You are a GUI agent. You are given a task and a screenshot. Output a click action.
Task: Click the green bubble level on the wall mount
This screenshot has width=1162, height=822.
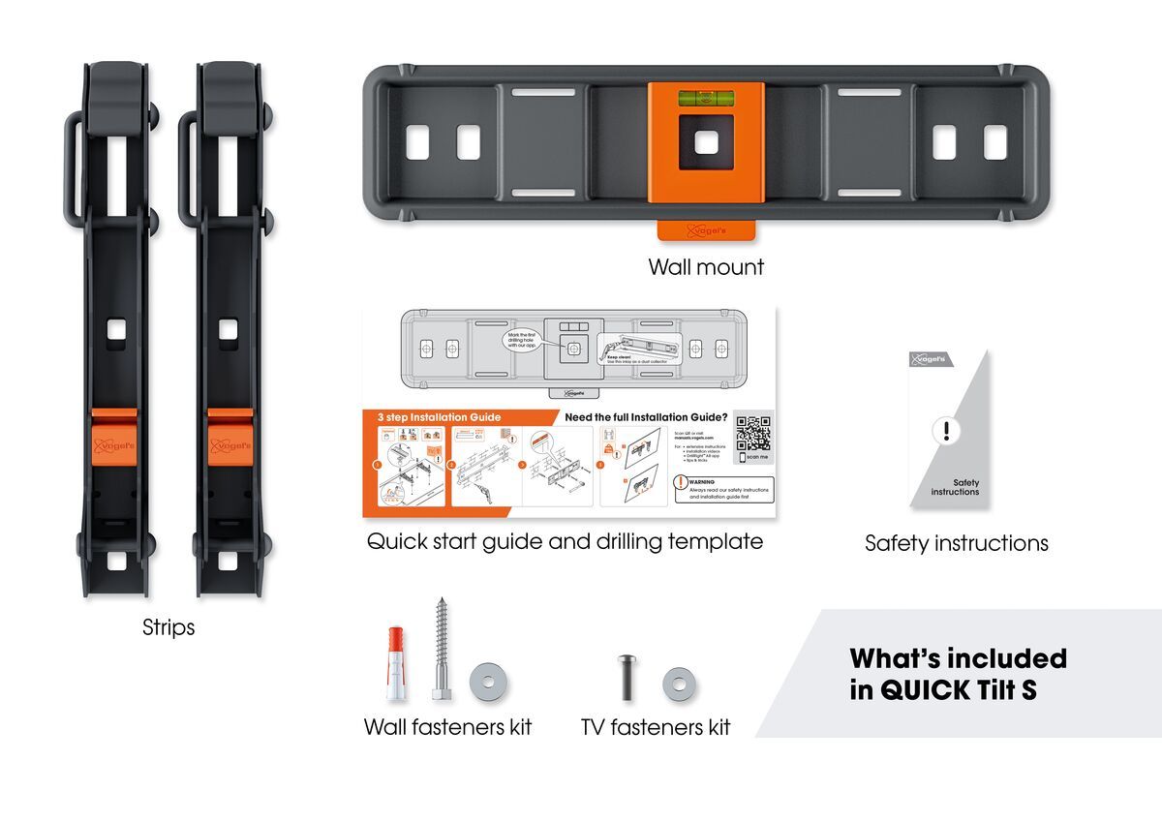pos(706,97)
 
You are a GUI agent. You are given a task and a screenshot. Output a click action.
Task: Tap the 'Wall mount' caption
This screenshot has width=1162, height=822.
pos(706,267)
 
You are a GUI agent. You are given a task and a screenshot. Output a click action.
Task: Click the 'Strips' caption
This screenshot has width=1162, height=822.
pos(168,627)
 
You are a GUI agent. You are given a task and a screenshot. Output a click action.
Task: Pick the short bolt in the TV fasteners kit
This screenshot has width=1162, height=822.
pos(625,678)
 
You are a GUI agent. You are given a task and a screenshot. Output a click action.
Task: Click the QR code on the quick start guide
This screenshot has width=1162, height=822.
pos(752,433)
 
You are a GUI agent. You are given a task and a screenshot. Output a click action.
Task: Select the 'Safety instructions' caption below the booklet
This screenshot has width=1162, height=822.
pos(956,543)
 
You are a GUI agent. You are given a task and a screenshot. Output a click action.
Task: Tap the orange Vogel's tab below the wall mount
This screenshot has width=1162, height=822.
pos(706,231)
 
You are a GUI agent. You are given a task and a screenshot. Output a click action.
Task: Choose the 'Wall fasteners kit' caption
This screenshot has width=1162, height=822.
pos(447,726)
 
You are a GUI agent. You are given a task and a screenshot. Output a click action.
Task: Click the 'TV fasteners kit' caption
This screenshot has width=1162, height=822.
pos(656,726)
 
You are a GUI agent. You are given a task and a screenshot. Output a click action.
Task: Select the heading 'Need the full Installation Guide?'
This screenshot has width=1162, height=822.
pos(660,417)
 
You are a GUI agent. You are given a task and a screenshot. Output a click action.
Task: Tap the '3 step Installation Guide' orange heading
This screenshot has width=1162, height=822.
pos(440,417)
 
